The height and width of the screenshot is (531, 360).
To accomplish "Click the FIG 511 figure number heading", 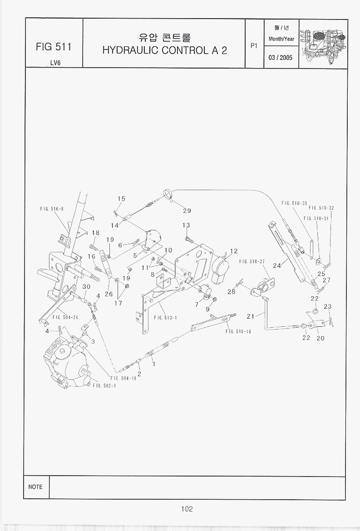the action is coord(54,47).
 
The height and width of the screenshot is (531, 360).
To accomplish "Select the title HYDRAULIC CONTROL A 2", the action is coord(165,50).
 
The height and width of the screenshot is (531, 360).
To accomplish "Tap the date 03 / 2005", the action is coord(281,57).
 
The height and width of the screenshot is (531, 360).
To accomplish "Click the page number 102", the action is coord(187,509).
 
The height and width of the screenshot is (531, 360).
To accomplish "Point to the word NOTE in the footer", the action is coord(35,487).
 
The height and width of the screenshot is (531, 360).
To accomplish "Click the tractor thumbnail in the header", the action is coord(323,44).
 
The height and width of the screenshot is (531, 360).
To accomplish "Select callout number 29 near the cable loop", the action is coord(187,211).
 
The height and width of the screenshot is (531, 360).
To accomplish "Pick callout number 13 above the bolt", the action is coord(186,225).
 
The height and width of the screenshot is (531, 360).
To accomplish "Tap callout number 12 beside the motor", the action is coord(234,251).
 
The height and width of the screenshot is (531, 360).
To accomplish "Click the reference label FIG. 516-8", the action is coord(52,209).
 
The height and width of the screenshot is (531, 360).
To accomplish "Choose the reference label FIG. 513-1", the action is coord(165,318).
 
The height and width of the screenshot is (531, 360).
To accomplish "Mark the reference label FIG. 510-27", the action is coord(252,261).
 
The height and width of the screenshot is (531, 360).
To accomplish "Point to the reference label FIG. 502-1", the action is coord(104,386).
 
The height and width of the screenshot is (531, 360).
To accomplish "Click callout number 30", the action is coord(86,286).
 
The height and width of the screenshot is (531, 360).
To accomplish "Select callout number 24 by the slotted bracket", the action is coord(277,265).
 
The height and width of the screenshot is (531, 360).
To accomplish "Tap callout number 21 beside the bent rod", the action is coord(251,316).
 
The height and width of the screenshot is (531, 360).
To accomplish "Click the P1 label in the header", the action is coord(254,45).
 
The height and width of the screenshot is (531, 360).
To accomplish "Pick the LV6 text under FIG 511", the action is coord(55,63).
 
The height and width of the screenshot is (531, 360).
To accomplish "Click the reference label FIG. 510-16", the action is coord(238,332).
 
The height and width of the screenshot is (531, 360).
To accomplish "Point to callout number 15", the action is coord(121,199).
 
